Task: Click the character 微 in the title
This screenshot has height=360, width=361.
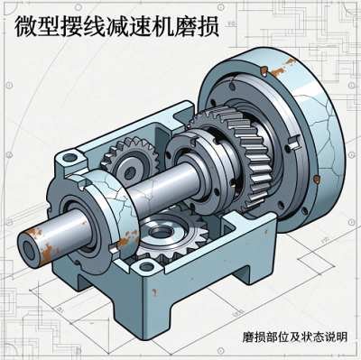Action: point(26,26)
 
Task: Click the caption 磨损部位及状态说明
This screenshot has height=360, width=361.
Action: point(295,337)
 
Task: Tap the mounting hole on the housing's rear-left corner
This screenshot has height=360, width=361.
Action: point(69,157)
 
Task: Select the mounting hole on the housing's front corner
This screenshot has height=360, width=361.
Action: point(146,266)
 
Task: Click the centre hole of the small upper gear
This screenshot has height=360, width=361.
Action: point(130,172)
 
